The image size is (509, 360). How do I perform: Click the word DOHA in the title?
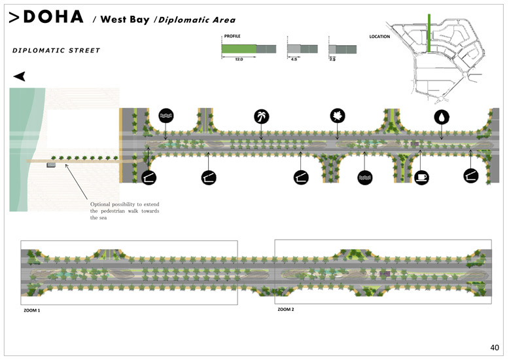coord(54,18)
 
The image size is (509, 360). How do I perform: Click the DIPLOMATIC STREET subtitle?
coord(56,50)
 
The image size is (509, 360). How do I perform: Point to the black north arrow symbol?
coord(20,77)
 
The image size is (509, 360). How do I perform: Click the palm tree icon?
coord(262,117)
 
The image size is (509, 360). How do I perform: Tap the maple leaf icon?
coord(338,116)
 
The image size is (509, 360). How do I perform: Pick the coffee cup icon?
coord(421,177)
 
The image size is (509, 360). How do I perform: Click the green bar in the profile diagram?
coord(238,49)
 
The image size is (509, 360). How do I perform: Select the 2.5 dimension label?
coord(332,60)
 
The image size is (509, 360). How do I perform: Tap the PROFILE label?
coord(232,37)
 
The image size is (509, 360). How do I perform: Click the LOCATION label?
coord(379,37)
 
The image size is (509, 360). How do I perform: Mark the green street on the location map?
coord(429,33)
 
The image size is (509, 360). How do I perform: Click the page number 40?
coord(494,347)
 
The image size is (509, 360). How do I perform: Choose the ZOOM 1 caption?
coord(32,309)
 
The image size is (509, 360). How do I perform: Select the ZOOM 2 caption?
coord(286,309)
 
